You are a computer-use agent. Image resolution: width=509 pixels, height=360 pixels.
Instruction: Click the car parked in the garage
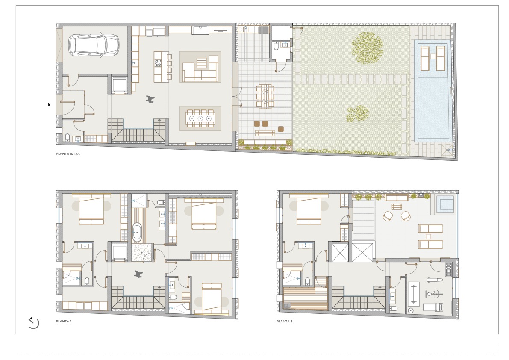(94, 45)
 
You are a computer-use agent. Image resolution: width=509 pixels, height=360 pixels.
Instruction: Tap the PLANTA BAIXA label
(68, 154)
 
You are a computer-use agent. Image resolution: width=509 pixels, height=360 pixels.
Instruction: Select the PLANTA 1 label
(64, 322)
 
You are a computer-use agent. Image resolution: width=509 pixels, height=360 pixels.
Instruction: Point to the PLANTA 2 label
(284, 322)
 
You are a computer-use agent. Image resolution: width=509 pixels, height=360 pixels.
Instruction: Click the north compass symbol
(33, 323)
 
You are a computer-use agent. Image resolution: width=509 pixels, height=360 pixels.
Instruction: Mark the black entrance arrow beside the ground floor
(49, 104)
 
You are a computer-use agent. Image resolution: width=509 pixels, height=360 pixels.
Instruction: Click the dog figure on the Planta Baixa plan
(150, 99)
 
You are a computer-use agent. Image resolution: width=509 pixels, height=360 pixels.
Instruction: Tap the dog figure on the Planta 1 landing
(138, 274)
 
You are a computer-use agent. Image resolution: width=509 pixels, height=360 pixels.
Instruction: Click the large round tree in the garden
(367, 48)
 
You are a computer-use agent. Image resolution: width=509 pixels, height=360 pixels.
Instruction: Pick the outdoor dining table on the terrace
(265, 96)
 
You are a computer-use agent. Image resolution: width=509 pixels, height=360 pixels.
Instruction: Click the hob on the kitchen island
(158, 63)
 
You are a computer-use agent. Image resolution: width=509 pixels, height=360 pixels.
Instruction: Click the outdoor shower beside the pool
(450, 150)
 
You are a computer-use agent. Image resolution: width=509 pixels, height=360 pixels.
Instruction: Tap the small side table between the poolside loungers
(433, 56)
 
